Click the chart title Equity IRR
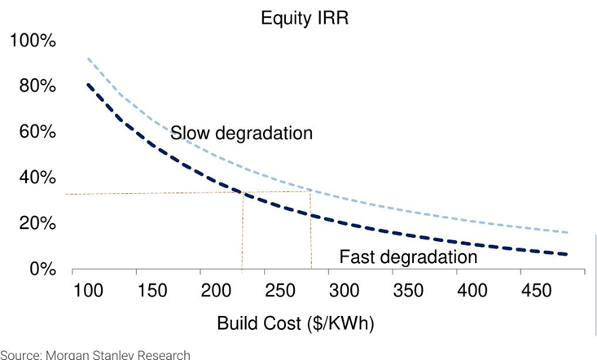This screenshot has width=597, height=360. [x=304, y=17]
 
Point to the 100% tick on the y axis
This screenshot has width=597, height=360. [x=33, y=42]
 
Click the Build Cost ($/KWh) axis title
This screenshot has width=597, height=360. [x=295, y=323]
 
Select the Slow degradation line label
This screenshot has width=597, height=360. [x=241, y=133]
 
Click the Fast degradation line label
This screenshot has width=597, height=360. [x=407, y=257]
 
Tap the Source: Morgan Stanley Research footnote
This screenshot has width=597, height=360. [x=95, y=354]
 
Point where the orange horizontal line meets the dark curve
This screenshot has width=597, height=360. [x=243, y=192]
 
